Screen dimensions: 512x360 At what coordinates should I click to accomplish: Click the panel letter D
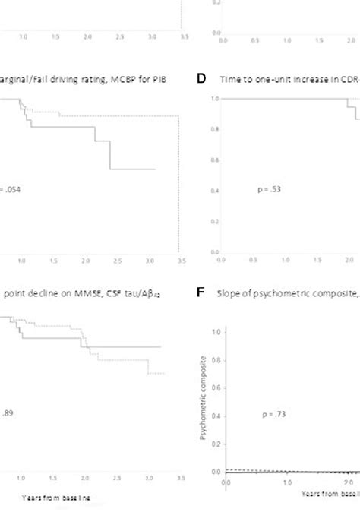coord(203,79)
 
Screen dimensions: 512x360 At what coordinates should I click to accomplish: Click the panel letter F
coord(203,292)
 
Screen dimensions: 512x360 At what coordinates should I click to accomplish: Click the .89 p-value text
coord(7,414)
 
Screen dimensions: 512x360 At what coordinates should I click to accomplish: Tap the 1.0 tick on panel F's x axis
coord(287,482)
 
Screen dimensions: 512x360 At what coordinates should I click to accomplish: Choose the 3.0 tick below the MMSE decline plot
coord(151,479)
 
